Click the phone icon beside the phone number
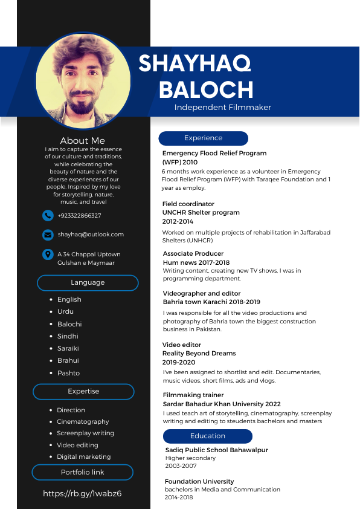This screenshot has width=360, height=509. pyautogui.click(x=48, y=215)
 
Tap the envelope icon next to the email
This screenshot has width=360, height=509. pyautogui.click(x=48, y=235)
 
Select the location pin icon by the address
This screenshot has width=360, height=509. pyautogui.click(x=48, y=254)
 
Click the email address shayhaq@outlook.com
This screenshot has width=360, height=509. pyautogui.click(x=91, y=235)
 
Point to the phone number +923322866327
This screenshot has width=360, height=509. pyautogui.click(x=79, y=216)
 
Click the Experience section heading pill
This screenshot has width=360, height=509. pyautogui.click(x=203, y=138)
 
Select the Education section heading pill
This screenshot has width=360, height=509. pyautogui.click(x=207, y=436)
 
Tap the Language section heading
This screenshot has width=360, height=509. pyautogui.click(x=88, y=283)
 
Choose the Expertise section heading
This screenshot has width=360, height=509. pyautogui.click(x=83, y=392)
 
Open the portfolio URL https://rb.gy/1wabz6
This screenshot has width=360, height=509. pyautogui.click(x=82, y=493)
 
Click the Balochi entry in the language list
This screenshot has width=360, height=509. pyautogui.click(x=69, y=324)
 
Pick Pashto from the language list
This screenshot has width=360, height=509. pyautogui.click(x=68, y=373)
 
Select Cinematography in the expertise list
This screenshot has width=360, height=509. pyautogui.click(x=83, y=421)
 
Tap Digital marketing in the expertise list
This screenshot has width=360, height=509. pyautogui.click(x=84, y=456)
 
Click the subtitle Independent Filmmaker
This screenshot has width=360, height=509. pyautogui.click(x=223, y=108)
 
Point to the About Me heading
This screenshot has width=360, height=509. pyautogui.click(x=82, y=141)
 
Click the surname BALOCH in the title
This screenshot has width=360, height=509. pyautogui.click(x=206, y=89)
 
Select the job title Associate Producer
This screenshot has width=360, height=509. pyautogui.click(x=193, y=254)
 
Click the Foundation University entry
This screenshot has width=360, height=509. pyautogui.click(x=199, y=482)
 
